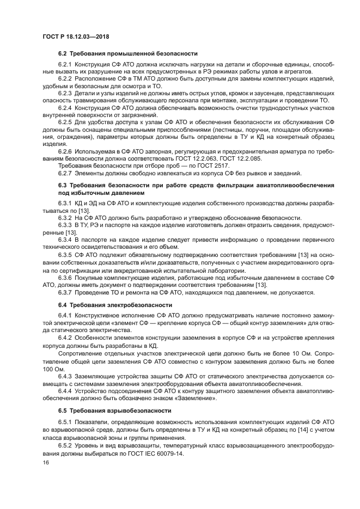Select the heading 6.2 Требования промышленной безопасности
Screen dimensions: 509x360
click(x=127, y=53)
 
